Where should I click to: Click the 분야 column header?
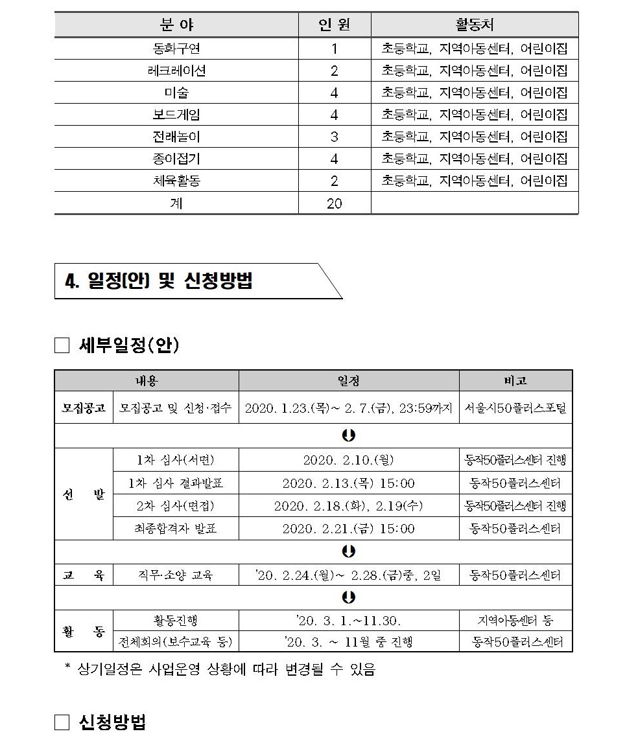[176, 25]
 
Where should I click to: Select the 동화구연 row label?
[176, 49]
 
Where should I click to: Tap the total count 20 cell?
[335, 203]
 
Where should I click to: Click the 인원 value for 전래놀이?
[335, 137]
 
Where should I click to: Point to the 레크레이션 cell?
[176, 71]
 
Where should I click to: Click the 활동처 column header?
[474, 25]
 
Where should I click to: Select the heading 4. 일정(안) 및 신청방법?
[159, 281]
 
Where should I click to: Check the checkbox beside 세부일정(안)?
[62, 346]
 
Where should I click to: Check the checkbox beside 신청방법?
[62, 722]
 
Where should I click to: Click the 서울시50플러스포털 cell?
[515, 408]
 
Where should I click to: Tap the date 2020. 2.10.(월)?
[348, 460]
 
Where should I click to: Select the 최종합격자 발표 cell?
[176, 529]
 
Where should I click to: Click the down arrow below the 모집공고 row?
[349, 435]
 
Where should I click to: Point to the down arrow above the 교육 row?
[349, 551]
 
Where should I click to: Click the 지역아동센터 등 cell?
[515, 621]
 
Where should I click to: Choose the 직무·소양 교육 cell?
[176, 575]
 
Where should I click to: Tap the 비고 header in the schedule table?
[515, 380]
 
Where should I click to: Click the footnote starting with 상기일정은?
[220, 669]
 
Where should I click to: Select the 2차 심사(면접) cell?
[176, 505]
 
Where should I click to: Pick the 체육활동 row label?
[176, 181]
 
